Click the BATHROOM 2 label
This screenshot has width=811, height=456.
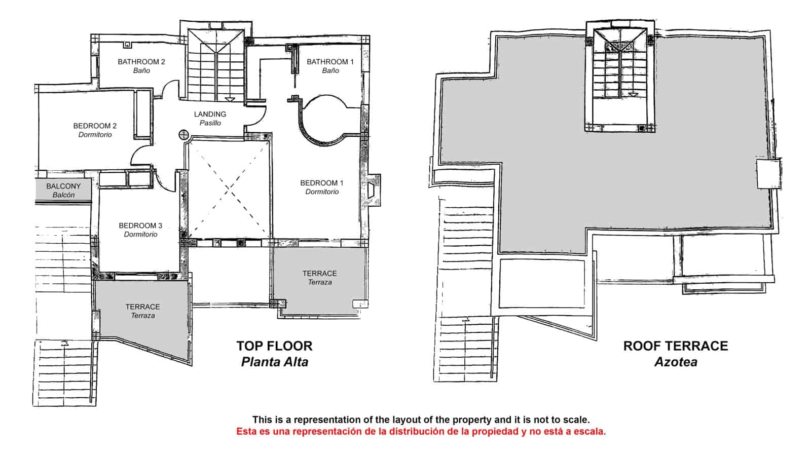coord(141,62)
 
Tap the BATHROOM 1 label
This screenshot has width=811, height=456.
coord(330,62)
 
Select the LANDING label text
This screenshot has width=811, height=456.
coord(210,115)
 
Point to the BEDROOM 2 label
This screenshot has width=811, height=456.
coord(95,126)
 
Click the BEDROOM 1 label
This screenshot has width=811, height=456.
coord(322,183)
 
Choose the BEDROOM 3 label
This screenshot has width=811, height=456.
coord(140,226)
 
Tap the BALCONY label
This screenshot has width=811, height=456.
coord(63,186)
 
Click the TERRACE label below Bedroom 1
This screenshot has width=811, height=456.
coord(320,274)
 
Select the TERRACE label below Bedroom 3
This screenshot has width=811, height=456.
coord(142,307)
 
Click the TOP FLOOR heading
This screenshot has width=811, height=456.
coord(274,346)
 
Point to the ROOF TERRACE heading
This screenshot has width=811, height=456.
coord(676,346)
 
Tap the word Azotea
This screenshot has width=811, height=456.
coord(676,362)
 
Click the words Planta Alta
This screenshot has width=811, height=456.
coord(275,362)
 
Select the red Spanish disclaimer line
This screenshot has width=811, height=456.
coord(421,431)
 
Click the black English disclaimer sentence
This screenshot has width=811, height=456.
coord(421,420)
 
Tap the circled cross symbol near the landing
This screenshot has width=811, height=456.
coord(184,135)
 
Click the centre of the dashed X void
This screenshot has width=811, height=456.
coord(229,188)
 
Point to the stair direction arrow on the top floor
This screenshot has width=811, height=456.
coord(230,99)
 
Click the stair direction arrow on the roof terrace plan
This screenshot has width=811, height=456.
coord(633,95)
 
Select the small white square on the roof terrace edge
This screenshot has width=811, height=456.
coord(768,174)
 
